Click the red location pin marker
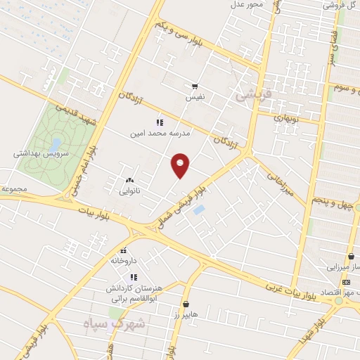pos(181,165)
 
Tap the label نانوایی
pos(130,190)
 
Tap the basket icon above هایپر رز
pos(186,304)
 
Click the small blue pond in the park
pos(54,144)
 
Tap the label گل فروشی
pos(337,5)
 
